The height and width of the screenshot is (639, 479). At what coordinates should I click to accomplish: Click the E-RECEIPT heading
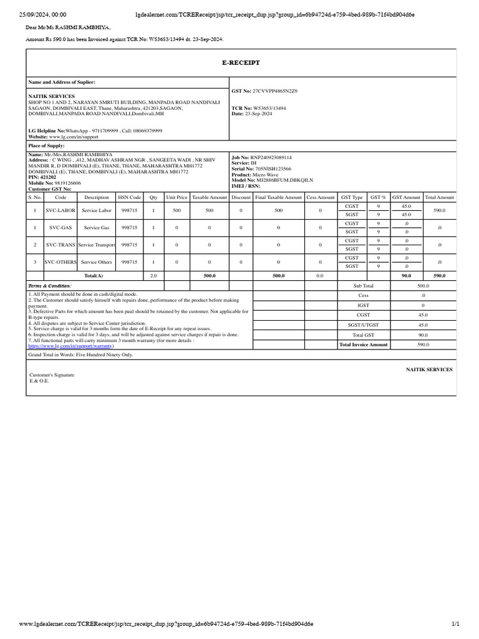coord(241,63)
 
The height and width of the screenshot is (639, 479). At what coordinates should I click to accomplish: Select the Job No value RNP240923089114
coord(271,157)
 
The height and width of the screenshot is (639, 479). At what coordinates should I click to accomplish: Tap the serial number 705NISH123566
coord(273,168)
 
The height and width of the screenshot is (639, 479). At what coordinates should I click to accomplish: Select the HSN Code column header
coord(129,197)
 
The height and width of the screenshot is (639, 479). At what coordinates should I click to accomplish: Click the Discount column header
coord(241,197)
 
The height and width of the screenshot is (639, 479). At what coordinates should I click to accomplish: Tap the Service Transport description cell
coord(97,245)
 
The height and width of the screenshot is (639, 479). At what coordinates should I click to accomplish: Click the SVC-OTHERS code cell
coord(60,262)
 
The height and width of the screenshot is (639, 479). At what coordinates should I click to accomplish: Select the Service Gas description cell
coord(97,228)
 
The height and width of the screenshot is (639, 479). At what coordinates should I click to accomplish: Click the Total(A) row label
coord(94,275)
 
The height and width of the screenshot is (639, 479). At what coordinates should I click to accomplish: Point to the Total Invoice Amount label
coord(363,344)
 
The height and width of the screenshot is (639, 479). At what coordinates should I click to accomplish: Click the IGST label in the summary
coord(363,305)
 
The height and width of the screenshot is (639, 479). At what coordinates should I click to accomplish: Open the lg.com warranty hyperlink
coord(71,346)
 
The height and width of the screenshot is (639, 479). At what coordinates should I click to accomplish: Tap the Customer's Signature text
coord(52,375)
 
